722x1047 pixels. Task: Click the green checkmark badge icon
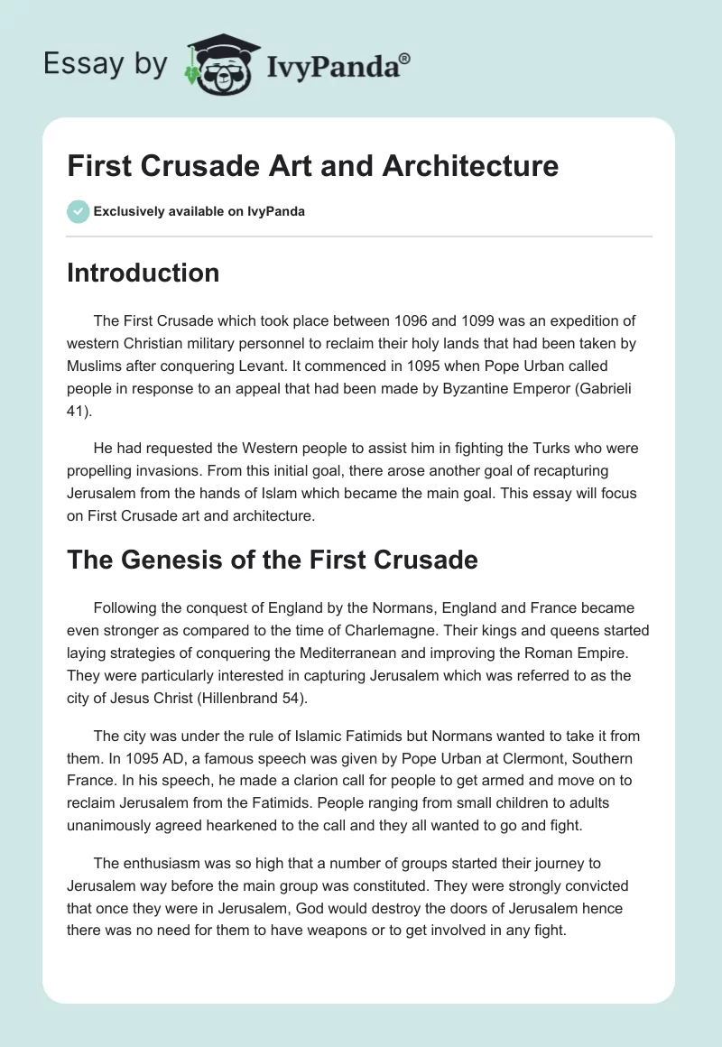78,211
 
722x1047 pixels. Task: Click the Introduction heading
143,273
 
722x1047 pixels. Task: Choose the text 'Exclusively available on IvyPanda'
199,211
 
